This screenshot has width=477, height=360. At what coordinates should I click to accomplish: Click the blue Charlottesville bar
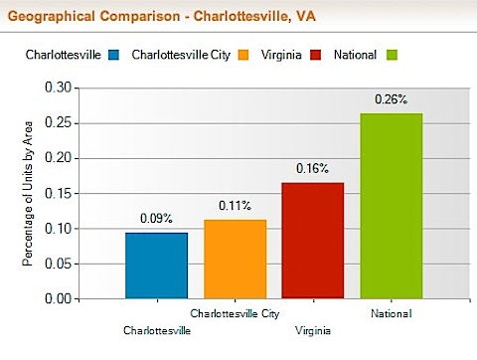[157, 265]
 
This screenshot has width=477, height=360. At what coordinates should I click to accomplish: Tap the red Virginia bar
[312, 240]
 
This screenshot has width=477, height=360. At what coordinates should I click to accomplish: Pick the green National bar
[391, 205]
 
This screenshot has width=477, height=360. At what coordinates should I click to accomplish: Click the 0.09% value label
[157, 218]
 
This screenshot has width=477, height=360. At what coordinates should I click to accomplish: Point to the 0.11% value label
[235, 206]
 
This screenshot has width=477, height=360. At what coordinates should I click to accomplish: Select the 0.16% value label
[312, 168]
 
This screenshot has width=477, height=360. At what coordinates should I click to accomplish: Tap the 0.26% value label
[391, 99]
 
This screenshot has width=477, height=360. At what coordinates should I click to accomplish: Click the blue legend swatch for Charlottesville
[114, 54]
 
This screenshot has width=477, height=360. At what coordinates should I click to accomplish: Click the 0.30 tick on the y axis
[60, 88]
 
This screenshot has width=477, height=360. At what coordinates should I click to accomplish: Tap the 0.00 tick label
[60, 298]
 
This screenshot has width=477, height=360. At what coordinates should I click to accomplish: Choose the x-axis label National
[391, 314]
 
